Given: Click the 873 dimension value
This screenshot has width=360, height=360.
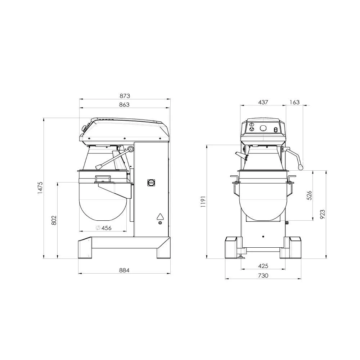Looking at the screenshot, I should click(x=125, y=96).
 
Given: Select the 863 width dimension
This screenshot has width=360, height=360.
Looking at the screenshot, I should click(x=124, y=105).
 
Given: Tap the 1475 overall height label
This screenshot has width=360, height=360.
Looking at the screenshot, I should click(x=40, y=188).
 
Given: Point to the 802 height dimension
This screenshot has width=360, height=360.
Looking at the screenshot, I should click(x=54, y=220).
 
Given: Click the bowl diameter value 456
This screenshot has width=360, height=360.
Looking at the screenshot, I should click(x=106, y=228).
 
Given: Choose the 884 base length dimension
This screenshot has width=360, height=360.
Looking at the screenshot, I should click(x=124, y=270).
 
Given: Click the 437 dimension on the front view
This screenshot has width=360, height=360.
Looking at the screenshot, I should click(x=263, y=102).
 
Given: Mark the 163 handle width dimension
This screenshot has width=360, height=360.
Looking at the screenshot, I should click(x=294, y=102).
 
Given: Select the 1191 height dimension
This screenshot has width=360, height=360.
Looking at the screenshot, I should click(x=203, y=202).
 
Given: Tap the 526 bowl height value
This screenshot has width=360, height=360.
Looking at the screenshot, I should click(x=309, y=195).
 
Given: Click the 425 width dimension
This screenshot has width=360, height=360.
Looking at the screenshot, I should click(x=263, y=266).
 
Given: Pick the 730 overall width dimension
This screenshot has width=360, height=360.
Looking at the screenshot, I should click(x=263, y=275).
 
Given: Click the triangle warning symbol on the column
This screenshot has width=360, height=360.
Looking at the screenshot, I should click(x=160, y=216).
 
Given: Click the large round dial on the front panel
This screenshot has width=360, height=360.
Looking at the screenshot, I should click(x=263, y=128).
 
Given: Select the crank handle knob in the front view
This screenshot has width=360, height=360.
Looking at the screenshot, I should click(x=301, y=166).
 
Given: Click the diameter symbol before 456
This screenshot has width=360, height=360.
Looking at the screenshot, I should click(x=98, y=228).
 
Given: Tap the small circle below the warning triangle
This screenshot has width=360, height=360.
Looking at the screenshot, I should click(x=160, y=223).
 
